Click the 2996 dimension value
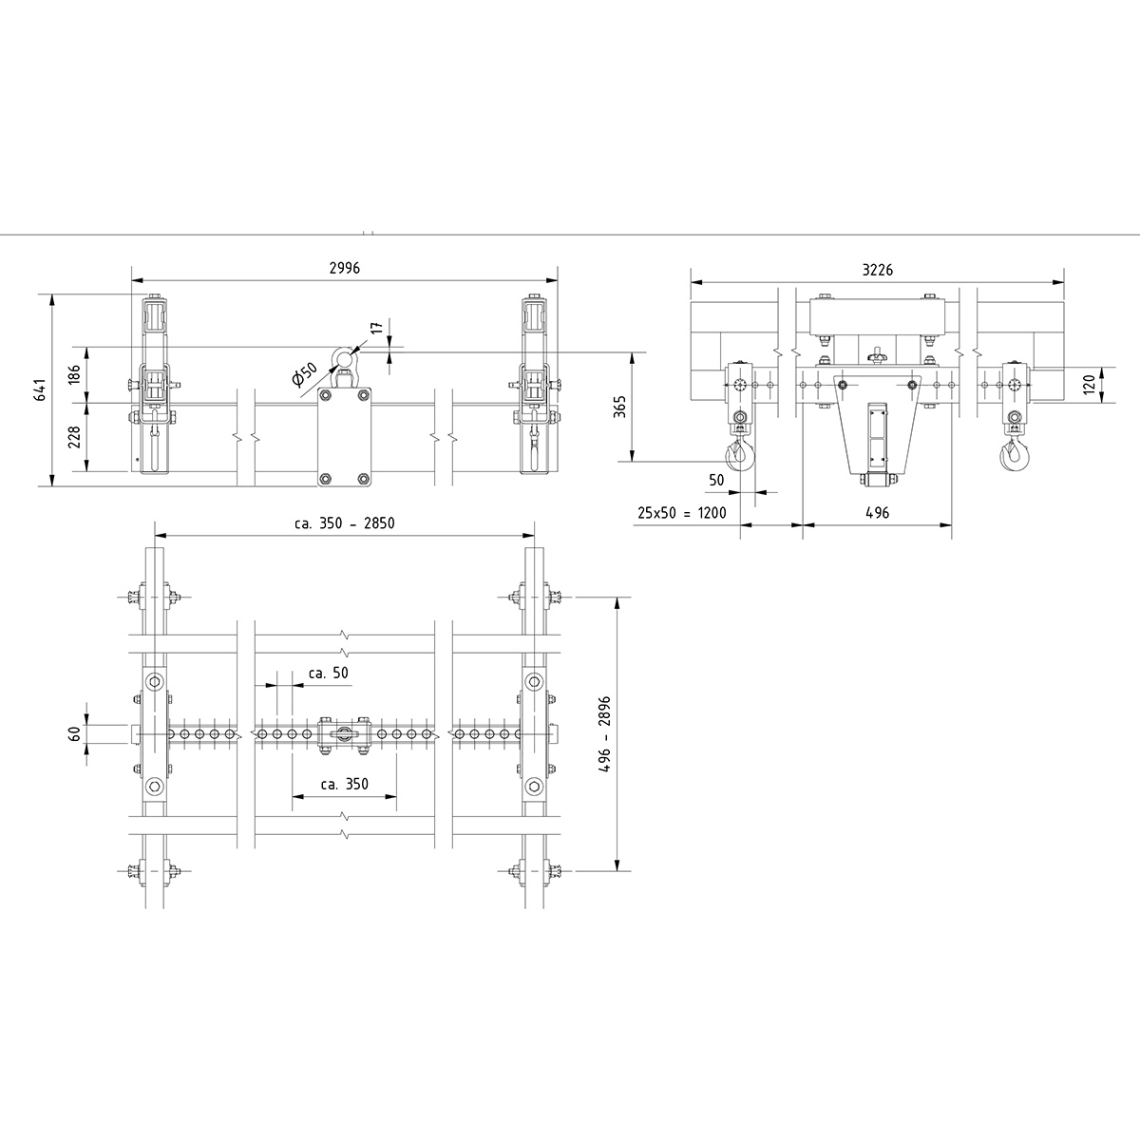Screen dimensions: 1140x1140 344,269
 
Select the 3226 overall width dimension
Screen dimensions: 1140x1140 877,270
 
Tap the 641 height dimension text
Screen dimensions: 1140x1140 41,390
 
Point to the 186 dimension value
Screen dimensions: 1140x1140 75,374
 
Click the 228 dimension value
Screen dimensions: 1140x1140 75,436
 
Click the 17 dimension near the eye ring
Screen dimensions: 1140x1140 376,328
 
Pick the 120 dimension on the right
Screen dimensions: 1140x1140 1090,384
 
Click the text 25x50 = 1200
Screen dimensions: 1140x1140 681,513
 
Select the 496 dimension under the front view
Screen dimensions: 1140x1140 877,513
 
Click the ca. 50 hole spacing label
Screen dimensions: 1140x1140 329,673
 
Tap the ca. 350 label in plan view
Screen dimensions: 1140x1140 344,785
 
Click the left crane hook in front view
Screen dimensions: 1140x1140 739,455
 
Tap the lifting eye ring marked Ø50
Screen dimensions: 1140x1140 341,359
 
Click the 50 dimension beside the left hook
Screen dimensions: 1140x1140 716,481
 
